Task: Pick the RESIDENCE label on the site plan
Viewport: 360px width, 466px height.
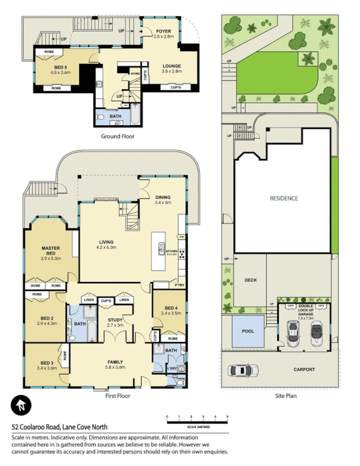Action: [x=283, y=199]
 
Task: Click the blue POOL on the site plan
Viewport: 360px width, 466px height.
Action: [x=248, y=331]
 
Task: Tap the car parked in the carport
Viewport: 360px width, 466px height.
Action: [x=245, y=370]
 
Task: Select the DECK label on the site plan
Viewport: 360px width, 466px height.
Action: [x=250, y=281]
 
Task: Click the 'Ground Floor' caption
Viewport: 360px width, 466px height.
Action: [x=118, y=136]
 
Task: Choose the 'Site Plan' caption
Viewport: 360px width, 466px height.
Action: [x=287, y=396]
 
